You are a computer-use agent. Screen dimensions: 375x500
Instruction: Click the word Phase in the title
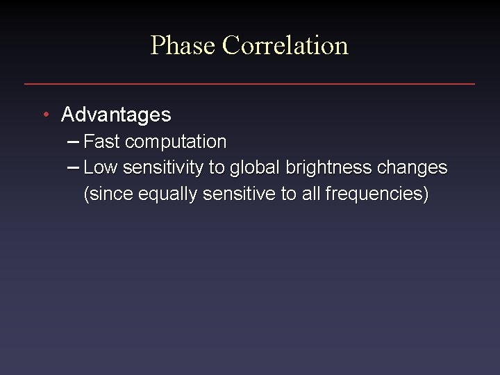(183, 46)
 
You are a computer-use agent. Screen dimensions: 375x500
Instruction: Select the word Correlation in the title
(285, 46)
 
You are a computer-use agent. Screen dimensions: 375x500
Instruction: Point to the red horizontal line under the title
(249, 84)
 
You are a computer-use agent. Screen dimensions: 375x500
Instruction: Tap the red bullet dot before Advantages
(45, 114)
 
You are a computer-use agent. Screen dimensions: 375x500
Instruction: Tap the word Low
(100, 168)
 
